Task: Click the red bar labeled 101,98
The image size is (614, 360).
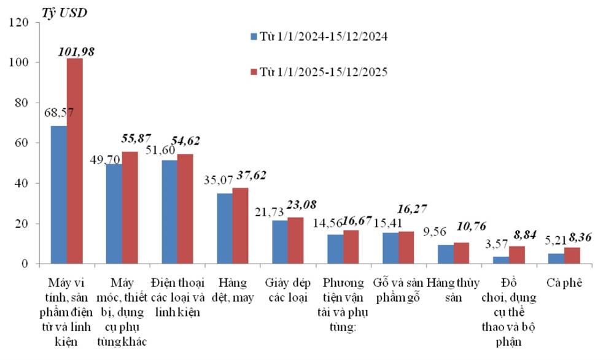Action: [74, 161]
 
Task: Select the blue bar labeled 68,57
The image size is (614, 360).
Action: [59, 195]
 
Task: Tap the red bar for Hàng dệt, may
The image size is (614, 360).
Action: [240, 225]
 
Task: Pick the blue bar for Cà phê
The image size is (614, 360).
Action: [556, 259]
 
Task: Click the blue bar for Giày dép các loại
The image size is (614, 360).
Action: [279, 242]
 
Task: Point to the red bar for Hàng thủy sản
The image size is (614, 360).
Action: [461, 253]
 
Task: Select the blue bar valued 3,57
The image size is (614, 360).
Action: [500, 260]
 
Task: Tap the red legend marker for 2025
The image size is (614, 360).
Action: [254, 72]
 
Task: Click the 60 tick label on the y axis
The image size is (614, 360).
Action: [23, 143]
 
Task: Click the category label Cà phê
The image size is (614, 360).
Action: [563, 283]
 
